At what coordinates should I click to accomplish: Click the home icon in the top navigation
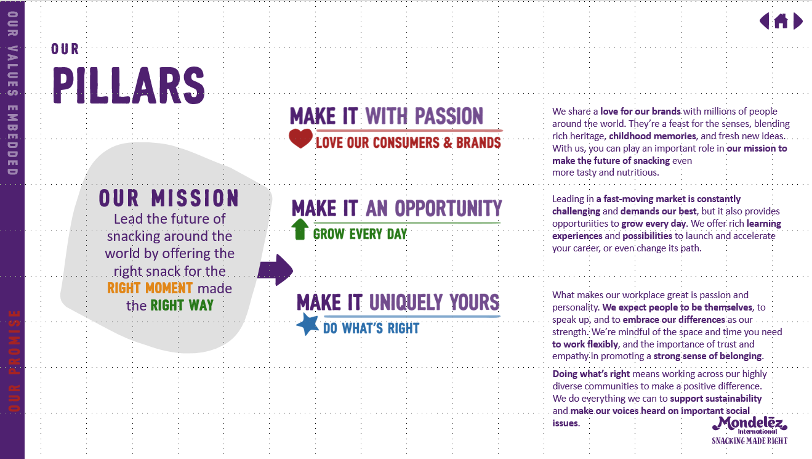[781, 21]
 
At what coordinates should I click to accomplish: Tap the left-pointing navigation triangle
[764, 21]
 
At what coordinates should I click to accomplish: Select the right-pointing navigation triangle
[797, 21]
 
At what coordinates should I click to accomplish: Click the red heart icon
[300, 138]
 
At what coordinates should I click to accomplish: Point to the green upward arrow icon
[300, 229]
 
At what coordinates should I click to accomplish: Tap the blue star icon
[307, 324]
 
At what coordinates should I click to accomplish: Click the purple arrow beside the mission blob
[276, 270]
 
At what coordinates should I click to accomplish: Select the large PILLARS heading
[129, 86]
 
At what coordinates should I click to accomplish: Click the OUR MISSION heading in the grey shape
[169, 198]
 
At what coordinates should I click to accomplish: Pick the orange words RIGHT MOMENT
[150, 288]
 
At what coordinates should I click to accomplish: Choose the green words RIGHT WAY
[182, 306]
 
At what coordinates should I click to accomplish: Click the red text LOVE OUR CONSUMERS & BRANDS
[408, 143]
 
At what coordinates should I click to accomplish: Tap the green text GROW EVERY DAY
[360, 234]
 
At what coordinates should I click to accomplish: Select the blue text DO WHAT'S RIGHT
[371, 328]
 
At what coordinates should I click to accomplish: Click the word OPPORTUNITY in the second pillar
[448, 209]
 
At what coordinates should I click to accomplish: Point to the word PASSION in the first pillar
[449, 116]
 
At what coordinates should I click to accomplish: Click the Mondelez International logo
[750, 425]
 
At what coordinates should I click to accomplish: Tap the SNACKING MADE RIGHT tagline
[750, 441]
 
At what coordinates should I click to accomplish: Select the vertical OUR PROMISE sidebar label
[14, 361]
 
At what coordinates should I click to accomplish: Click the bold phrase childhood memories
[653, 136]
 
